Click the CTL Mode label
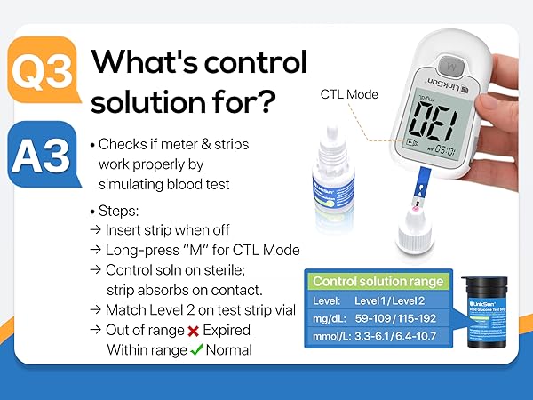[x=349, y=94]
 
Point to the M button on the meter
[x=451, y=65]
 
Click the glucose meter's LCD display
[x=434, y=126]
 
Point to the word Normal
[x=229, y=349]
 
